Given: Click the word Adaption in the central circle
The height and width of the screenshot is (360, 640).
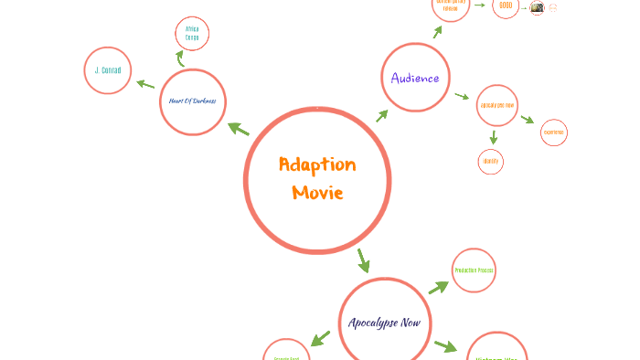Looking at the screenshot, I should click(317, 165).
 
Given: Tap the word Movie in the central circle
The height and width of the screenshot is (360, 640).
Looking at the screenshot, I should click(317, 193).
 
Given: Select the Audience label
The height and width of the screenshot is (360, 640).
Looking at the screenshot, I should click(415, 78).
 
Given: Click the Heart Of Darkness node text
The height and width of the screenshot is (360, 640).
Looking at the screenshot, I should click(192, 101).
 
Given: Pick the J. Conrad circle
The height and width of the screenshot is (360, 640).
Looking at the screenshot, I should click(108, 70).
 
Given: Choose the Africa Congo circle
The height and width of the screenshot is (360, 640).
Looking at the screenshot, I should click(192, 34).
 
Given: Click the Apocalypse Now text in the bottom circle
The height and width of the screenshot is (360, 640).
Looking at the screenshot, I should click(384, 323).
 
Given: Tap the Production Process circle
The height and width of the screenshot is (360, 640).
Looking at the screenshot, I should click(474, 270).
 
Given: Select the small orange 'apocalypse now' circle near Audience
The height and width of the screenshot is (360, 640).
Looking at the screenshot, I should click(497, 105).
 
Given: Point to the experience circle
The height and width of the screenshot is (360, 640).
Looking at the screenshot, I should click(553, 132).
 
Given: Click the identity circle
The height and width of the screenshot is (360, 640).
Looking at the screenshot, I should click(491, 162).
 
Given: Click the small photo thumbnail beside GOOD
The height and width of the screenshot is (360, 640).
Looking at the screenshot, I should click(537, 7).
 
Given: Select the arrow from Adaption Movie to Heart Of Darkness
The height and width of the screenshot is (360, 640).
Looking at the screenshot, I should click(239, 129).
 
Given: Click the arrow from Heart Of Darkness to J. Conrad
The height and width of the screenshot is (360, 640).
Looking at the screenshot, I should click(145, 84).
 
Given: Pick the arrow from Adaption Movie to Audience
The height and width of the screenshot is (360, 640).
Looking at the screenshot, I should click(381, 116).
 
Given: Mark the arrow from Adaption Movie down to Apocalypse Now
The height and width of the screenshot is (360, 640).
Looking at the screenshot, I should click(363, 260).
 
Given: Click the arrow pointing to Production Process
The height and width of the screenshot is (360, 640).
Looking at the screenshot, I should click(439, 287).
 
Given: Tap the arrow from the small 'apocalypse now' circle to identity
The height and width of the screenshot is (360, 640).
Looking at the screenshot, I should click(494, 137).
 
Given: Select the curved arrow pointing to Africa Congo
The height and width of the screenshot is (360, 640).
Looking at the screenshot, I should click(180, 58).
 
